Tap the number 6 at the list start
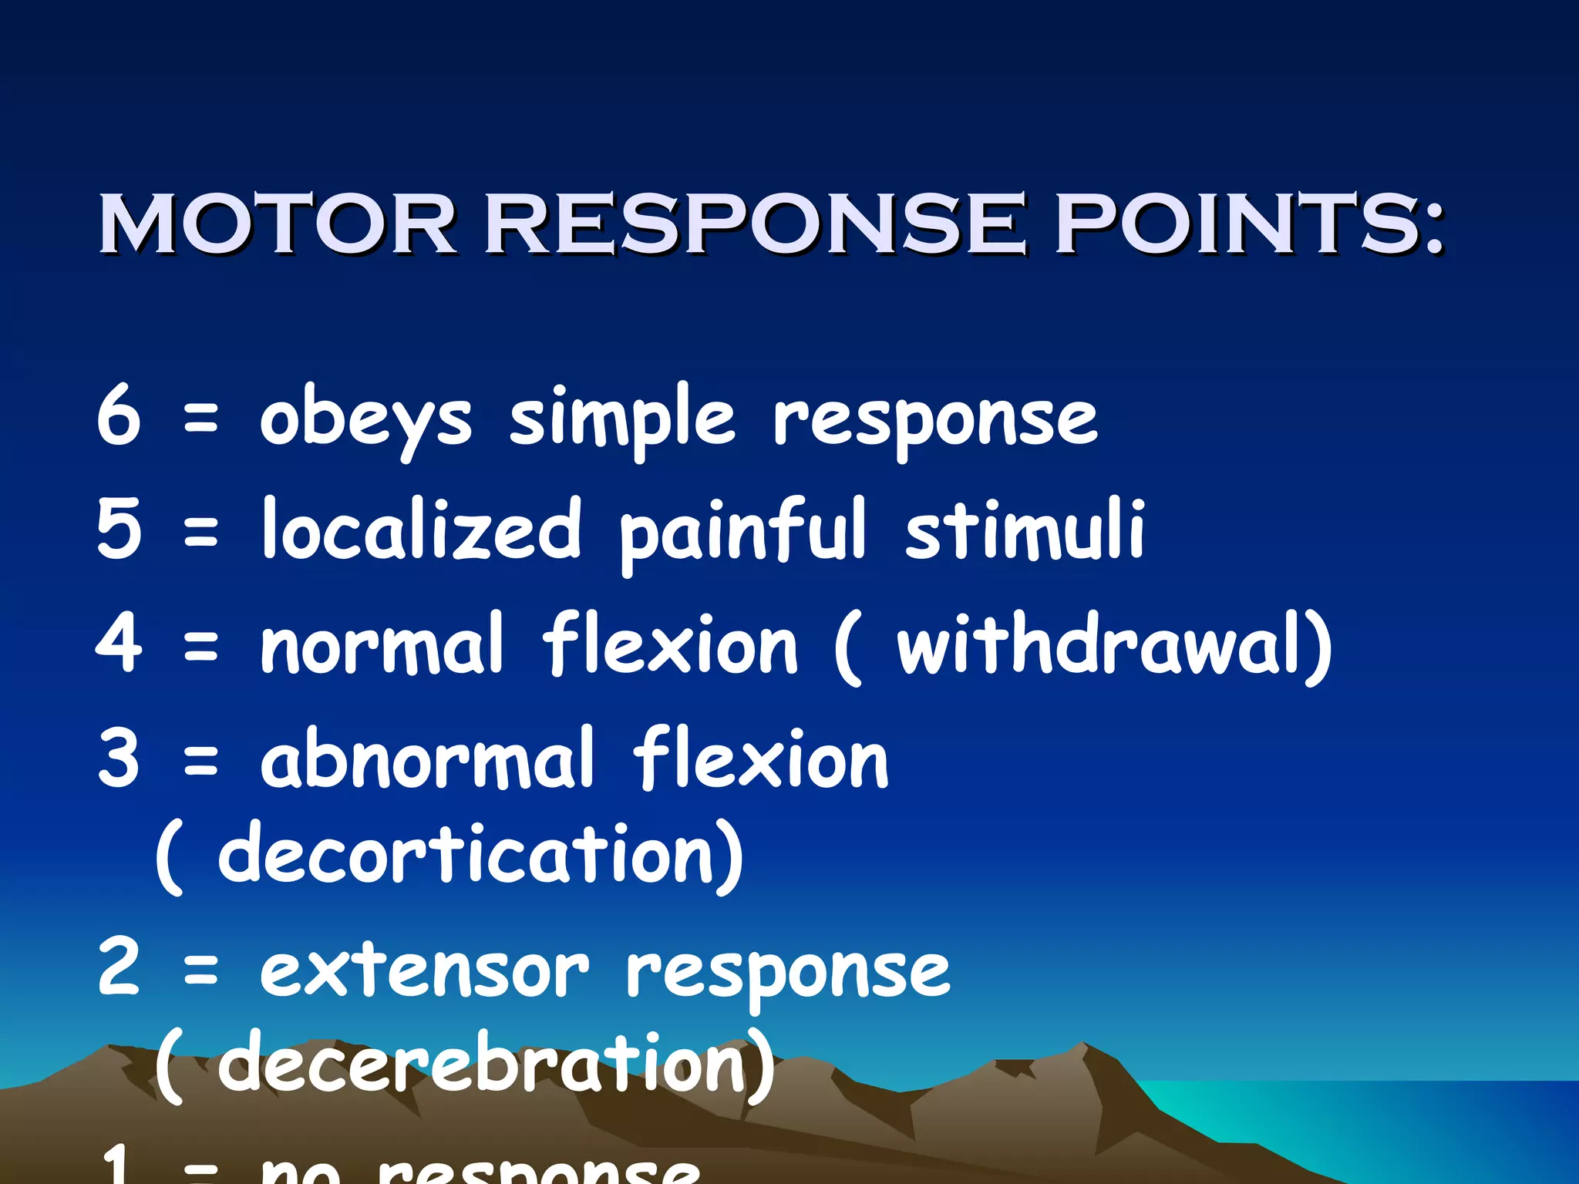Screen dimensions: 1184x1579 tap(120, 416)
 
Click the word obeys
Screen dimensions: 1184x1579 tap(365, 420)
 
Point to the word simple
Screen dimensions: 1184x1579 tap(623, 420)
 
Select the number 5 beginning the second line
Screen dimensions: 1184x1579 tap(120, 529)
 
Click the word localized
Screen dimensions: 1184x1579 tap(421, 529)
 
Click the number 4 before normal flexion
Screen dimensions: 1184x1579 tap(120, 643)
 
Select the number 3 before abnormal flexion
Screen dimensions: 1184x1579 tap(120, 758)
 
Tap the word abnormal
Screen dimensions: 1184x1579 tap(428, 758)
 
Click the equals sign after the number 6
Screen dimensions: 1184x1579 tap(201, 420)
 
